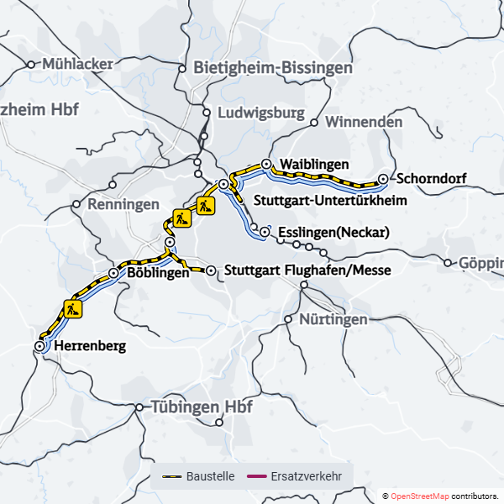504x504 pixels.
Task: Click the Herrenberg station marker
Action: tap(39, 345)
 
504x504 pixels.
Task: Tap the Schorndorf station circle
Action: tap(383, 179)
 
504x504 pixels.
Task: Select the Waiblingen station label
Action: tap(314, 163)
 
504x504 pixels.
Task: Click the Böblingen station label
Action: tap(157, 273)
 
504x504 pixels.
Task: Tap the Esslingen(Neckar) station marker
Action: tap(265, 231)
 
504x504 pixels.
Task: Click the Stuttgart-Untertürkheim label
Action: tap(330, 201)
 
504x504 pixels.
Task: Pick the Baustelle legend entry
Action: tap(198, 476)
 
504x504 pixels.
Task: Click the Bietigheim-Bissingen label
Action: tap(272, 67)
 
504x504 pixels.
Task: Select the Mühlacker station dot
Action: tap(31, 64)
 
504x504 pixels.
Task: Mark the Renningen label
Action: tap(123, 204)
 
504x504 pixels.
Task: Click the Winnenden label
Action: tap(363, 122)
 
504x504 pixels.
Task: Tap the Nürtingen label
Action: tap(333, 319)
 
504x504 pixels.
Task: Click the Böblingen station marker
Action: tap(113, 273)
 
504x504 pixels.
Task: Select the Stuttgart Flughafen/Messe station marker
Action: tap(211, 270)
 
